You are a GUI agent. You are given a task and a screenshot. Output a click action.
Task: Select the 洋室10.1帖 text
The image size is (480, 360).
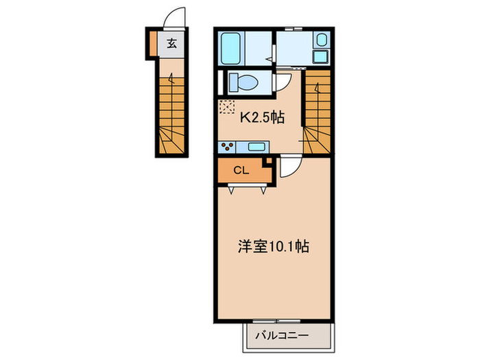point(273,246)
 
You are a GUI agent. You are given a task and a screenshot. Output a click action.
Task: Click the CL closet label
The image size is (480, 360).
point(241,171)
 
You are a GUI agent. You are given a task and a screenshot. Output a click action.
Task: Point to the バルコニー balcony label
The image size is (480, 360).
point(282,336)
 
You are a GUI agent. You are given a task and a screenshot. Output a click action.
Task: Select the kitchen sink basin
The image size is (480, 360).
point(256,146)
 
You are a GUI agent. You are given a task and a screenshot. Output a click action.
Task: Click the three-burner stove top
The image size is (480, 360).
point(228,146)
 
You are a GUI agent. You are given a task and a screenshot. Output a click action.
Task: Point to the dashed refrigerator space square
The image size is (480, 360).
point(227,107)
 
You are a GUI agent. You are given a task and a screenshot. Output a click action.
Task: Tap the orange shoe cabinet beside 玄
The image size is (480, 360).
point(154,43)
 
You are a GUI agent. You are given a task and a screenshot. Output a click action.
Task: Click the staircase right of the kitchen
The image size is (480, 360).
point(317,113)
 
